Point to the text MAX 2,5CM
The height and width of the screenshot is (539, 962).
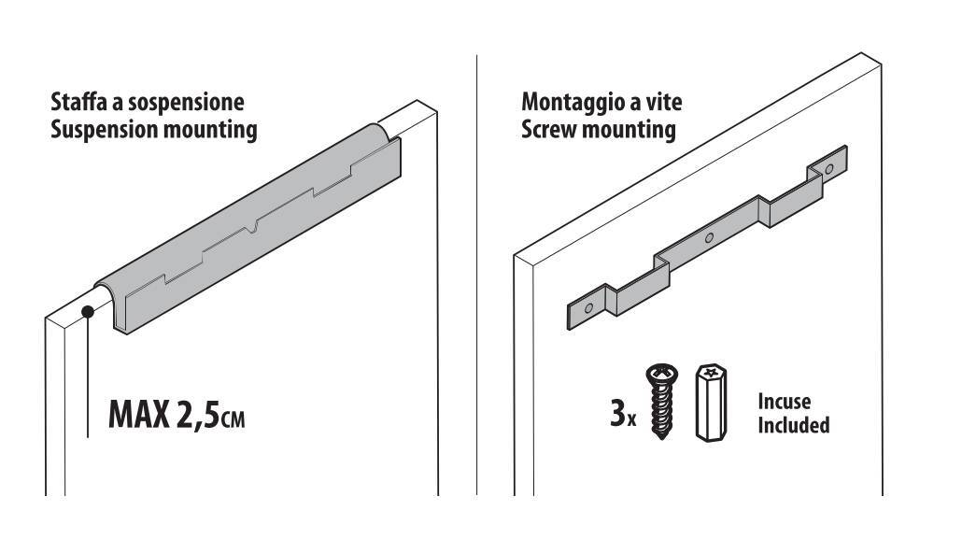tap(177, 414)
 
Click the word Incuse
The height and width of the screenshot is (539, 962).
tap(785, 402)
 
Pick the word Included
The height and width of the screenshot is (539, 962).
tap(793, 425)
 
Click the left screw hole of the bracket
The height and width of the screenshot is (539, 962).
tap(587, 307)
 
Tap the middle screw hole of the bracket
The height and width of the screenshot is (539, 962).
tap(709, 238)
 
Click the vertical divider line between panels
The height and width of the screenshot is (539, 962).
tap(477, 271)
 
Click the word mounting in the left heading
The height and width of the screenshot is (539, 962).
tap(213, 129)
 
